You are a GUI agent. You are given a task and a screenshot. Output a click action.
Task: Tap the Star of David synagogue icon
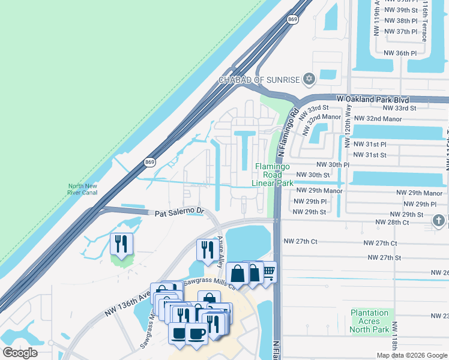[x=309, y=79]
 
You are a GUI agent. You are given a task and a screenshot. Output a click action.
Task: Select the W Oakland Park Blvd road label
[x=373, y=99]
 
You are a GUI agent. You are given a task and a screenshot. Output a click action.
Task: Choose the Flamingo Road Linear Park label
[x=273, y=175]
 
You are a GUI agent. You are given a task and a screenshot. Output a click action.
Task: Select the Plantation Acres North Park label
[x=370, y=320]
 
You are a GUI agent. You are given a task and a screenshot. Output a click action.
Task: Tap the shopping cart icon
[x=268, y=272]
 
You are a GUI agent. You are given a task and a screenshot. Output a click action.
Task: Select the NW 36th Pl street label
[x=400, y=53]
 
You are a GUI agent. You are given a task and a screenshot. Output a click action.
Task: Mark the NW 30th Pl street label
[x=333, y=164]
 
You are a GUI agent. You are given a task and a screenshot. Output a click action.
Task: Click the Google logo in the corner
[x=20, y=353]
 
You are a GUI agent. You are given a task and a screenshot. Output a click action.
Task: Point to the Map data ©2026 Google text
[x=411, y=355]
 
